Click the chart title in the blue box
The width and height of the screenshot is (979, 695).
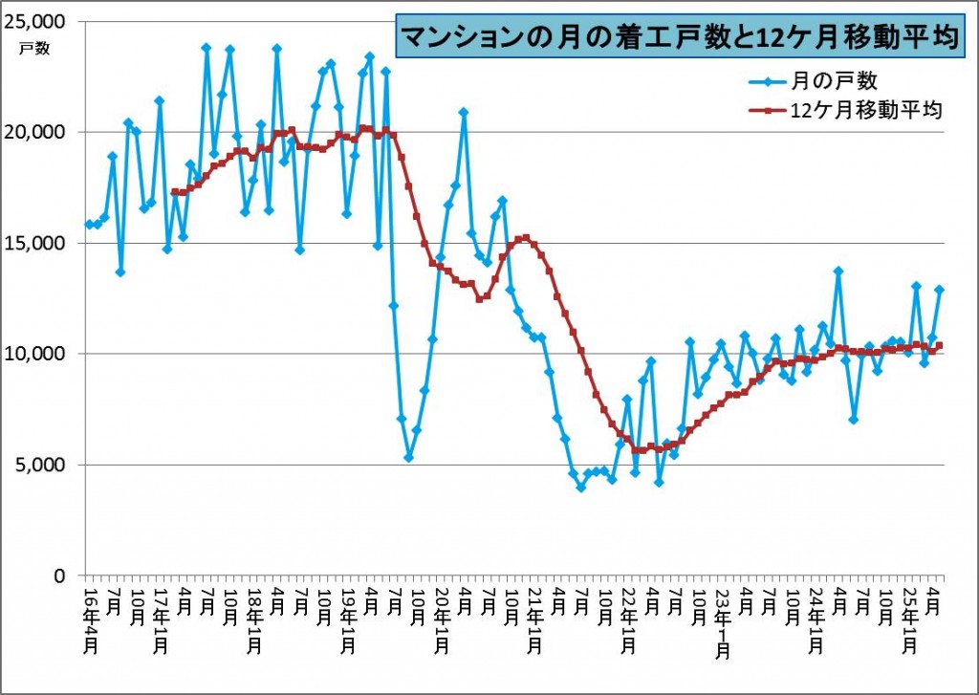click(x=679, y=37)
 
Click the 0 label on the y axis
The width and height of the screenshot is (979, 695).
click(x=59, y=576)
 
